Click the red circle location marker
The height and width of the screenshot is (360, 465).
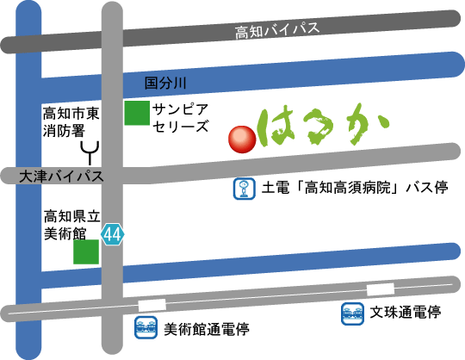point(242,140)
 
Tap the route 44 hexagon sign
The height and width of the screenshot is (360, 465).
point(113,234)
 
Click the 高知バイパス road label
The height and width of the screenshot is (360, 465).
point(277,30)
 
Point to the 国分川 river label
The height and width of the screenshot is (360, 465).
point(165,83)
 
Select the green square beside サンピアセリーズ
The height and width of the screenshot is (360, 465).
point(137,113)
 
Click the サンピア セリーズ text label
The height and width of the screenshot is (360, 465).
point(180,118)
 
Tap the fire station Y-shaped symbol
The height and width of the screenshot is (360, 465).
point(90,152)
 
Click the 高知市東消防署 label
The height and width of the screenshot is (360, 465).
point(71,122)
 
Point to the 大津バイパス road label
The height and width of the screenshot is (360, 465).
point(61,177)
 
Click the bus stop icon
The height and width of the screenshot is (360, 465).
point(244,189)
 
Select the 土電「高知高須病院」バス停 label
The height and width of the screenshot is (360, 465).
point(355,188)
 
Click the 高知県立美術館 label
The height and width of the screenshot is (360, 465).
point(72,225)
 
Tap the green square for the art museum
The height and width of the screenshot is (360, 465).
point(86,251)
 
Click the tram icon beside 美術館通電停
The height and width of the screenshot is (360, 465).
point(146,327)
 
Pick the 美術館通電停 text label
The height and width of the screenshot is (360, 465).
point(207,329)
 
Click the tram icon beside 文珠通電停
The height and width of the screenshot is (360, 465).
point(352,313)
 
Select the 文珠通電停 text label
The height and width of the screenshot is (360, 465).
point(406,312)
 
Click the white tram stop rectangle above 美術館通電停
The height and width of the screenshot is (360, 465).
point(152,305)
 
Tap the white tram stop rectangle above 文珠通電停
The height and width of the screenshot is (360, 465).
point(381,289)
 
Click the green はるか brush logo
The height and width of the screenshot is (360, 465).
point(323,125)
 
